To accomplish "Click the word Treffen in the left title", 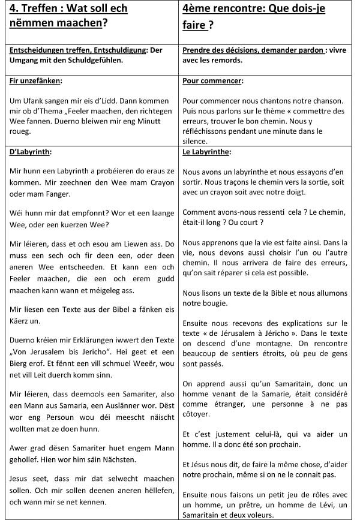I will [45, 10].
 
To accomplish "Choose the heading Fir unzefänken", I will [36, 80].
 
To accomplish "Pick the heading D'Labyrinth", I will [30, 152].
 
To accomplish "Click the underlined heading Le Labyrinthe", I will [206, 152].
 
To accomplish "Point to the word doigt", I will [292, 192].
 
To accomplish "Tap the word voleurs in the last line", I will [262, 515].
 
